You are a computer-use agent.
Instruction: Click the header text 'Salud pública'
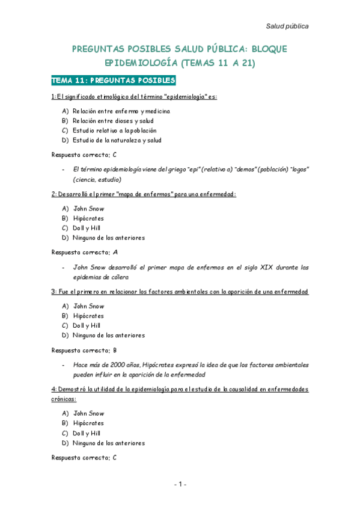(287, 26)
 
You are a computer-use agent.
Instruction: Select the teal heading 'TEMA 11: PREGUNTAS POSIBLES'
(113, 80)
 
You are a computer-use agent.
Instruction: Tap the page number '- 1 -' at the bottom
(180, 485)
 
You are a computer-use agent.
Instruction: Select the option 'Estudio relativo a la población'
(114, 131)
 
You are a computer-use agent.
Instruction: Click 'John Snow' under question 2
(88, 209)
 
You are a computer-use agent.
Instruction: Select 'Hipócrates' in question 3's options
(88, 316)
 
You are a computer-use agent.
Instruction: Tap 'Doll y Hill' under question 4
(87, 433)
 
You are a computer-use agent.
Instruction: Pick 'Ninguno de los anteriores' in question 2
(109, 238)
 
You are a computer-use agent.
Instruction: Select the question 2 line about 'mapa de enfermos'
(144, 194)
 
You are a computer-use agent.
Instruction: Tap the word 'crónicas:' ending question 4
(64, 399)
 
